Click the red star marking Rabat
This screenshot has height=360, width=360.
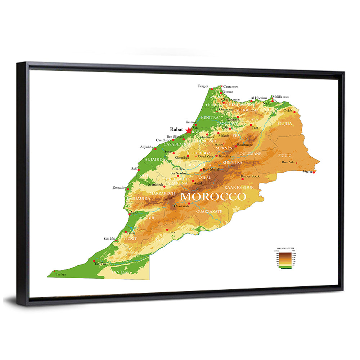(x=189, y=130)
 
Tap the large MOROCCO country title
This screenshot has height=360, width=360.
(x=213, y=197)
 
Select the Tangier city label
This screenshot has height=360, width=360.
(x=203, y=86)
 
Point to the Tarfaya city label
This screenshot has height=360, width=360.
(x=61, y=274)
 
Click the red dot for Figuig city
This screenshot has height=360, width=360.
(x=314, y=172)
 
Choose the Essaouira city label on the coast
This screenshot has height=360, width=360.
(x=120, y=187)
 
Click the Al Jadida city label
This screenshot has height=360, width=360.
(x=146, y=147)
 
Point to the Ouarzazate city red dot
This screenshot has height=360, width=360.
(x=189, y=203)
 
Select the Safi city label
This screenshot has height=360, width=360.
(x=134, y=168)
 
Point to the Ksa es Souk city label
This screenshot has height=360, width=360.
(x=250, y=176)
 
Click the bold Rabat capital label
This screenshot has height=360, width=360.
(x=176, y=129)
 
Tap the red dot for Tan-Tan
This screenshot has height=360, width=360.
(x=94, y=261)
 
